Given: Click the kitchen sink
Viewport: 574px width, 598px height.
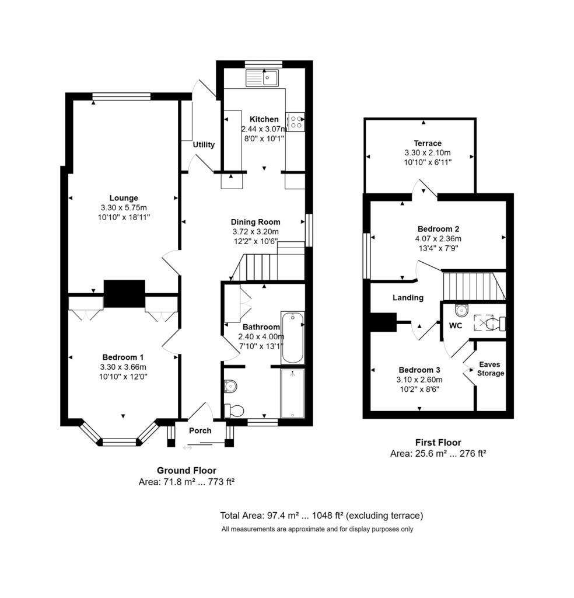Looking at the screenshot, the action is pos(262,78).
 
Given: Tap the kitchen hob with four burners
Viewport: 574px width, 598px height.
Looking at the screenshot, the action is pos(296,122).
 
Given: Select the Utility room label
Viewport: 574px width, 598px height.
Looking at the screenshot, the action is pos(204,145).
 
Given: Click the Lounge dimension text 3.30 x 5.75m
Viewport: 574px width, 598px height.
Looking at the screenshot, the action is pos(124,208).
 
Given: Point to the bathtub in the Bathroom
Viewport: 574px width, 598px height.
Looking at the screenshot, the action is pos(292,338).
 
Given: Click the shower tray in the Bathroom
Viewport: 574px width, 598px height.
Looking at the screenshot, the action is pos(292,393).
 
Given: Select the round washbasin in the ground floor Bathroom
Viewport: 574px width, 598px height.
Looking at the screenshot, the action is pos(230,386).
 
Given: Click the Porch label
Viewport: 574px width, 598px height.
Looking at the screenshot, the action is pos(200,430).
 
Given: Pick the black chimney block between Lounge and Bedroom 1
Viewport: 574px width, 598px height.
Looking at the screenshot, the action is pos(125,293).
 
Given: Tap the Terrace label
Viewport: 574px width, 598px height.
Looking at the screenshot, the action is pos(428,144).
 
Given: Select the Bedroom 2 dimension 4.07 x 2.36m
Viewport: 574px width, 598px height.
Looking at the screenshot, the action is pos(439,239).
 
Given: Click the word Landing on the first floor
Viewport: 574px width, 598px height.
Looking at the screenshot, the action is pos(408,297).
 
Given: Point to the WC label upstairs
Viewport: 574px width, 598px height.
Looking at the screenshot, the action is pos(456,325).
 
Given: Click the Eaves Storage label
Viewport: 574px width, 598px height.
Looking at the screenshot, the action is pos(490,369).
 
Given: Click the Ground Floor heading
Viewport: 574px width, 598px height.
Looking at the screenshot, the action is pos(187,471).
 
